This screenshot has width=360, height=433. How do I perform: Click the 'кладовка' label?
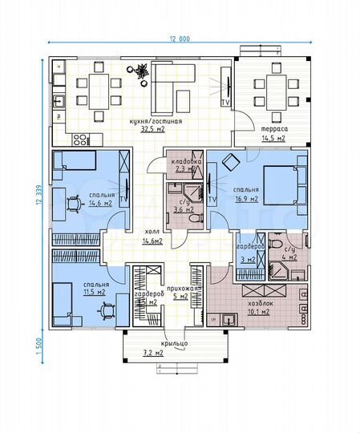[184, 163]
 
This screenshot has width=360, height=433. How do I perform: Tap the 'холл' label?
[152, 230]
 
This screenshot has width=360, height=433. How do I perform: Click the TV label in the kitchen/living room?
[225, 103]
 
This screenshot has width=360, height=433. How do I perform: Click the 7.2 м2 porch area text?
[175, 353]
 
